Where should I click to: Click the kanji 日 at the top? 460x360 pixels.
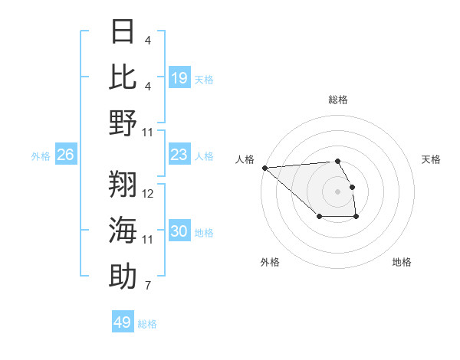[123, 31]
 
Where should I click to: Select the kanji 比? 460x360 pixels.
[123, 77]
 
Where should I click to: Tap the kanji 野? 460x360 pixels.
[123, 123]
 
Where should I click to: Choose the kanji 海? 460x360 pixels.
[123, 230]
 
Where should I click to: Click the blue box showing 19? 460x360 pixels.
[179, 77]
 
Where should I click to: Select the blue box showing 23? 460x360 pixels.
[179, 155]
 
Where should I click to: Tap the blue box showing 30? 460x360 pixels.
[179, 231]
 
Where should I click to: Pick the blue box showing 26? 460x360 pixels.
[66, 155]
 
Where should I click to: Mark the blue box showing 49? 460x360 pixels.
[123, 322]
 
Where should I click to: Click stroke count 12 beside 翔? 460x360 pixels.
[149, 193]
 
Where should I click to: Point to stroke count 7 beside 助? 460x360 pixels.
[148, 286]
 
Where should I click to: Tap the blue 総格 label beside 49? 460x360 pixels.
[147, 324]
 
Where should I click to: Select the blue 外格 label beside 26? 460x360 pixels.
[41, 156]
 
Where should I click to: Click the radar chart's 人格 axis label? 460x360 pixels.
[245, 159]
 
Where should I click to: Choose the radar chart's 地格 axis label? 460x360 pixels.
[402, 262]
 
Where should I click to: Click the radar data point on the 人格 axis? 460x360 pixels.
[264, 168]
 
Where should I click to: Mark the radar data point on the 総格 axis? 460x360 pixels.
[337, 161]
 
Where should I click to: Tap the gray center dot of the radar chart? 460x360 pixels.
[337, 191]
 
